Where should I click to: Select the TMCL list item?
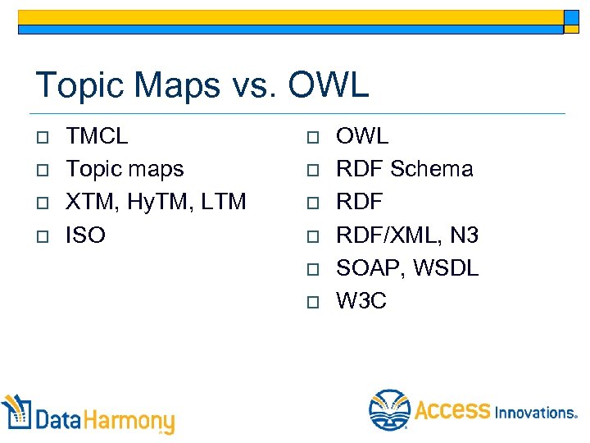[97, 135]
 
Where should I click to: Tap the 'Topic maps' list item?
[125, 169]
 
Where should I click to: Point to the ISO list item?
[85, 235]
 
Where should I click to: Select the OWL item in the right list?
[362, 135]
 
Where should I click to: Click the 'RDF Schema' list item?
[405, 169]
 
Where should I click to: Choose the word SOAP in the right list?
[369, 268]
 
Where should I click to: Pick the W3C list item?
[361, 301]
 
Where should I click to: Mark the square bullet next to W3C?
[312, 302]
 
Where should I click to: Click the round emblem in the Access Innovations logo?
[388, 409]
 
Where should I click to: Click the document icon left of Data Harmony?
[17, 413]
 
